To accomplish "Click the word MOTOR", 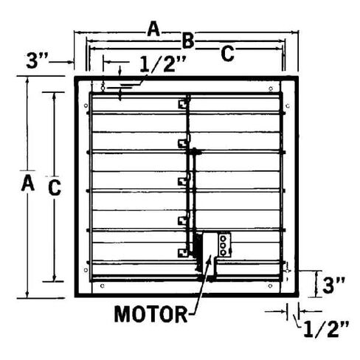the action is [150, 314].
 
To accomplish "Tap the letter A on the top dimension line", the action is [153, 29].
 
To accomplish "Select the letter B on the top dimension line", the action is [188, 41].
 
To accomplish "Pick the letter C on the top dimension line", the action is [227, 54].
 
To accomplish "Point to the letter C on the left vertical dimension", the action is [55, 188].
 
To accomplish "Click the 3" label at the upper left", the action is [37, 61].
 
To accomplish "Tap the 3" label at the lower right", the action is [333, 285].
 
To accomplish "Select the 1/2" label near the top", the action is [163, 64].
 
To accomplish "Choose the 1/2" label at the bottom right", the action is [326, 329].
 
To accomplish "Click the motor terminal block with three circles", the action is [224, 245].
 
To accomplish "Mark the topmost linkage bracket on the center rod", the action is [184, 103].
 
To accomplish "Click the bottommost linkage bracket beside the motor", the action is [184, 253].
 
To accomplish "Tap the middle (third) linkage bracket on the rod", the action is [184, 181].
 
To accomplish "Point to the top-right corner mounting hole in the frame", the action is [271, 89].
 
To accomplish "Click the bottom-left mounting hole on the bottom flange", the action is [103, 285].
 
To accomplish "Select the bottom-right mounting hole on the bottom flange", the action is [270, 285].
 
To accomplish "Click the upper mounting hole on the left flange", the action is [86, 105].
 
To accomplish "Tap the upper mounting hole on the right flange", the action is [288, 106].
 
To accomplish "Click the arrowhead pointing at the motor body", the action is [210, 259].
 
